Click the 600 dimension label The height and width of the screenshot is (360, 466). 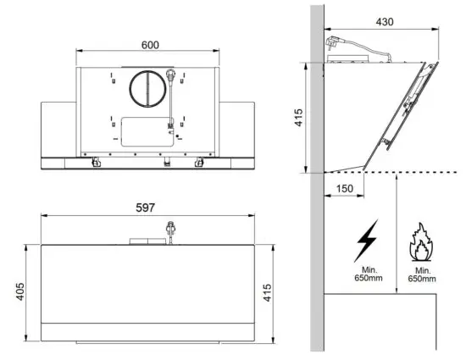148,44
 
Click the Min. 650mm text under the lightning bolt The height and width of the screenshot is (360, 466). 368,274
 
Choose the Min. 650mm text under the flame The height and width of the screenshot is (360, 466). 421,274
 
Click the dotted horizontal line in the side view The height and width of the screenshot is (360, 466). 390,173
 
